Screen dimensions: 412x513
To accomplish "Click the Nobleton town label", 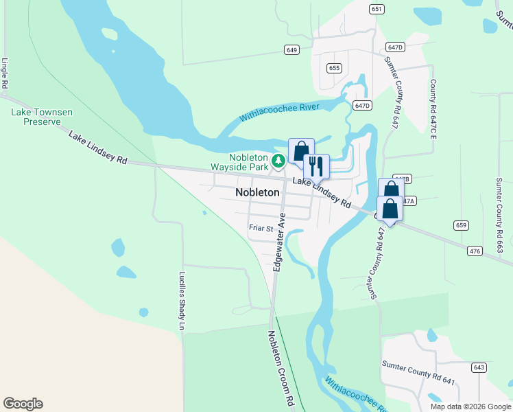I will (x=257, y=193).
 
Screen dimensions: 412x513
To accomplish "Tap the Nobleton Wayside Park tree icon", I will (x=278, y=161).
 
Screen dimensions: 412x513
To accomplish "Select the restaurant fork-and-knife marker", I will (x=316, y=166).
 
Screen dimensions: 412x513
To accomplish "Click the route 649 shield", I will (x=292, y=50).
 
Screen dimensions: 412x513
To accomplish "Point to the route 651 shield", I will (x=376, y=9).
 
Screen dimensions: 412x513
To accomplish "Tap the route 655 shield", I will (x=334, y=68).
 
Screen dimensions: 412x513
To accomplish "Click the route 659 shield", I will (x=460, y=225).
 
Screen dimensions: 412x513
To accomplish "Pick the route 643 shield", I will (x=479, y=368).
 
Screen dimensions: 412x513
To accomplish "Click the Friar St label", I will (x=261, y=229).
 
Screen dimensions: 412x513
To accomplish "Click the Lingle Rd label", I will (x=5, y=73).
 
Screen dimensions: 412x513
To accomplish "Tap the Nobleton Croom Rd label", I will (x=281, y=367).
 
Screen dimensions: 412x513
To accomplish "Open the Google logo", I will (x=23, y=404).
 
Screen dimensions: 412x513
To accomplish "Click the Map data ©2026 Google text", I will (x=470, y=407).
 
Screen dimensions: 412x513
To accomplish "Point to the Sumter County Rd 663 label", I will (x=499, y=206).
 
